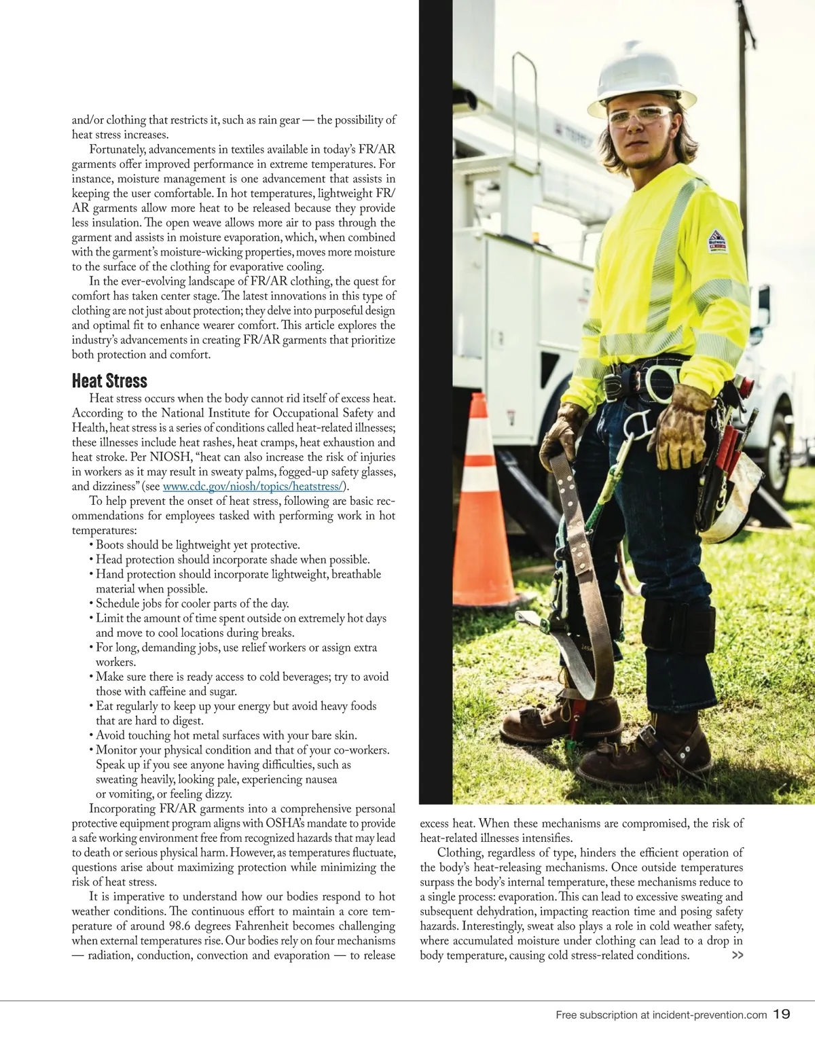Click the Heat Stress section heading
tap(109, 381)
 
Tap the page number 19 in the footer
tap(782, 1014)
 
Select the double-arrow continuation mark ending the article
tap(737, 955)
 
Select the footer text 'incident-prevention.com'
tap(709, 1015)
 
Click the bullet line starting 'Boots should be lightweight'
tap(197, 545)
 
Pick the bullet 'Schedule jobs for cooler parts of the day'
tap(192, 603)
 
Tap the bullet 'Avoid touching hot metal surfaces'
tap(225, 735)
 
